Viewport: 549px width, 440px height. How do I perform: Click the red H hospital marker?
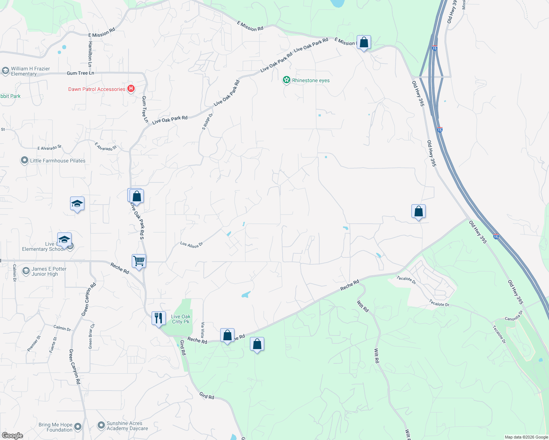131,89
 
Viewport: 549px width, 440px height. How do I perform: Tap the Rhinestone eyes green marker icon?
286,80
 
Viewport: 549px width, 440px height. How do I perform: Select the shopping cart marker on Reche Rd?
139,261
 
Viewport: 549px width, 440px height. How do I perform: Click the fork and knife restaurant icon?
159,318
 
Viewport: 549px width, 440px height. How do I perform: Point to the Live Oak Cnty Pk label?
181,319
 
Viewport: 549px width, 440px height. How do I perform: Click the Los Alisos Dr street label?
191,245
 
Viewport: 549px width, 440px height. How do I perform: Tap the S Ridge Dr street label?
207,122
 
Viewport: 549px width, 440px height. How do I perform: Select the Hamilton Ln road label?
90,51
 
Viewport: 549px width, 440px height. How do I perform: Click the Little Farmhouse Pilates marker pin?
24,161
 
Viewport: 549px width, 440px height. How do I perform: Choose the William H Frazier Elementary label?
30,71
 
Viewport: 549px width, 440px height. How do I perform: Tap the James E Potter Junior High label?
49,271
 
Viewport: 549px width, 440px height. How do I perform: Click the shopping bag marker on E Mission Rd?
364,43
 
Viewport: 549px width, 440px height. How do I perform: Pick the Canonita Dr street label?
513,316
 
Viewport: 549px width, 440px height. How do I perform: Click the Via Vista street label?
203,330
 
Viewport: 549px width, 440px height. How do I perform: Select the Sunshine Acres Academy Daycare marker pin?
101,425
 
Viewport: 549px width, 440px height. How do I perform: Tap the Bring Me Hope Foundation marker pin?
77,426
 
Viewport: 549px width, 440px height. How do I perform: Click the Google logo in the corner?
12,436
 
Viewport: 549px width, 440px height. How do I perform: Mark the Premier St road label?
34,344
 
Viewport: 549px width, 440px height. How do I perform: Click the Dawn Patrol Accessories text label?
97,89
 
